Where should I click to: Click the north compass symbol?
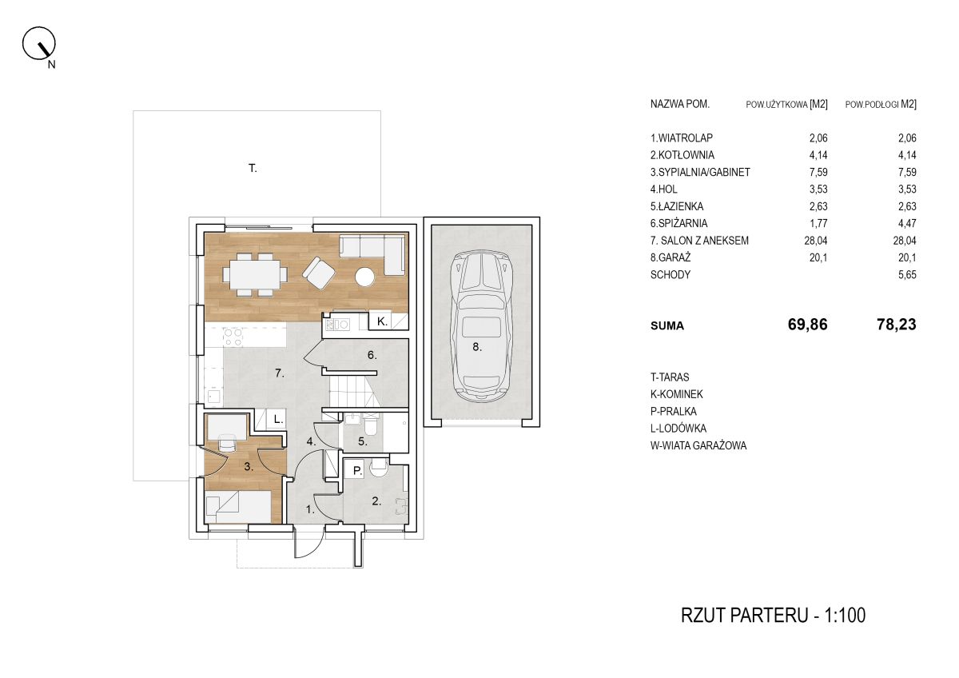coord(39,44)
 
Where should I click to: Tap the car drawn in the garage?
coord(482,326)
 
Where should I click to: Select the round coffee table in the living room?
coord(364,277)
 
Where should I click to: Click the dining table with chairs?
coord(254,274)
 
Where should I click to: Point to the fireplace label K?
coord(382,321)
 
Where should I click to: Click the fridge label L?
coord(278,420)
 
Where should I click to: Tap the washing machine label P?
coord(357,471)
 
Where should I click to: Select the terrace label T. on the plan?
coord(253,169)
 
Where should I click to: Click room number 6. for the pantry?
coord(372,355)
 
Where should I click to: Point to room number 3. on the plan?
coord(249,466)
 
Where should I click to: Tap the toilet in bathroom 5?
coord(370,424)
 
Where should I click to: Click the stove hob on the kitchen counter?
coord(233,337)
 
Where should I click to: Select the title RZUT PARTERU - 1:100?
coord(773,616)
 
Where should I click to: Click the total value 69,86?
coord(807,325)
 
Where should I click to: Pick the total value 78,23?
coord(896,325)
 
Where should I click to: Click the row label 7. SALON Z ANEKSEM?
coord(699,241)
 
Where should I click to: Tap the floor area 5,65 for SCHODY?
coord(907,275)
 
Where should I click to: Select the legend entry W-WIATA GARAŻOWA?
coord(698,446)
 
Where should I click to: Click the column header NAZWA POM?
coord(680,104)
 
